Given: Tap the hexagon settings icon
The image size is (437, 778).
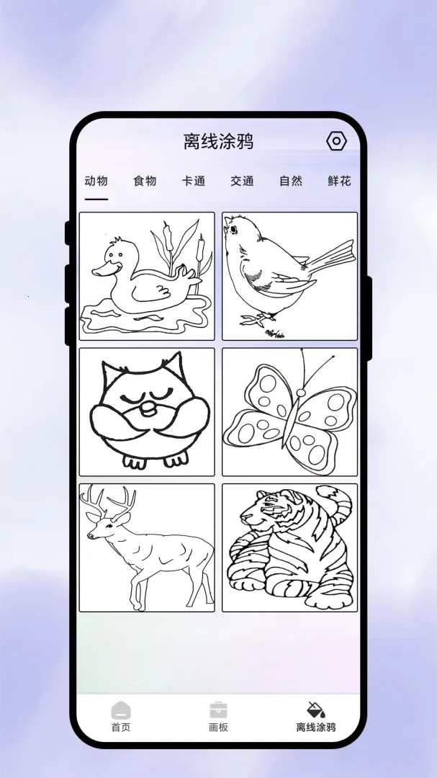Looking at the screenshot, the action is [336, 141].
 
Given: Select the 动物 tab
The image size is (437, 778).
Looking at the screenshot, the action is [96, 181].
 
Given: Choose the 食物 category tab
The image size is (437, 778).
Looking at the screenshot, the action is [145, 181].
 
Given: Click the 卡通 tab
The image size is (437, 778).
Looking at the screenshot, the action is [194, 181].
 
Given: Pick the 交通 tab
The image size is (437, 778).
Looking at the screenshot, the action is [242, 181].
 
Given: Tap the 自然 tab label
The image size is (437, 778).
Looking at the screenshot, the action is [291, 181].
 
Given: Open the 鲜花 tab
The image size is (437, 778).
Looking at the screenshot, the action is [339, 181].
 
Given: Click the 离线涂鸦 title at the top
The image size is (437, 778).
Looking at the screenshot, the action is [218, 141].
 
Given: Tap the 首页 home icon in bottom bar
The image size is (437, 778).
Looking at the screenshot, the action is [120, 710].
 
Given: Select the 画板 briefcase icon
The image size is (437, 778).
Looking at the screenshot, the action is [218, 710].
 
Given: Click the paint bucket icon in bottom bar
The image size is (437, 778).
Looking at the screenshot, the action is [316, 710].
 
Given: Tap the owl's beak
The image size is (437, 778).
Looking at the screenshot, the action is [148, 408].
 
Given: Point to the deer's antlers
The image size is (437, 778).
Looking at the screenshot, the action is [108, 501].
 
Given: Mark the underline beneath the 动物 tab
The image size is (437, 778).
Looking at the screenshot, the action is [96, 199].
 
